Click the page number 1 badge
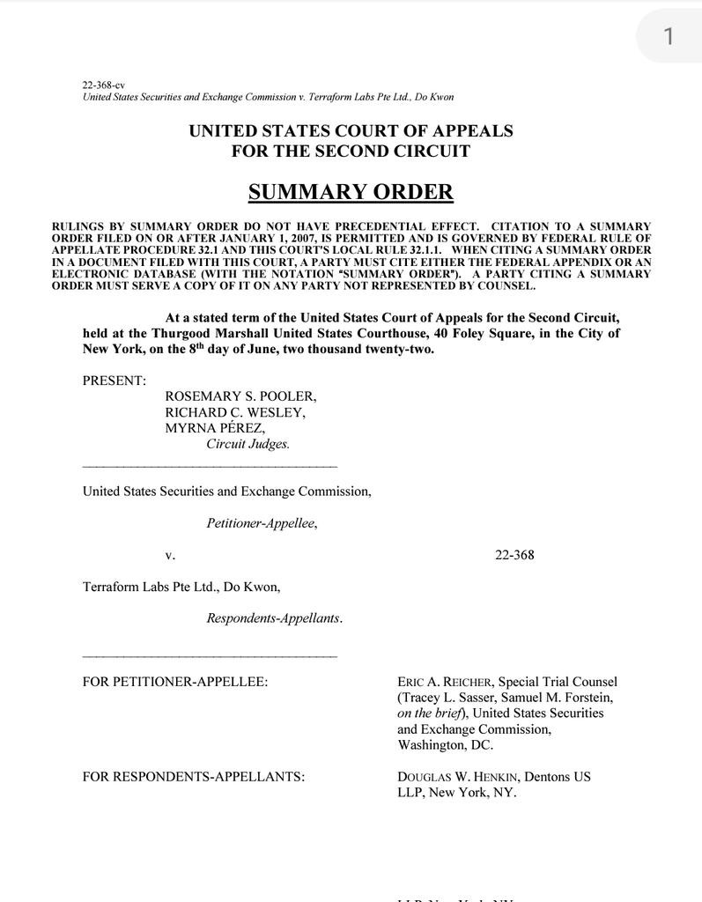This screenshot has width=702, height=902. [669, 36]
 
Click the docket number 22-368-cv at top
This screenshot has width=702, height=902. [103, 85]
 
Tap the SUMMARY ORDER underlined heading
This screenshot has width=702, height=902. [351, 192]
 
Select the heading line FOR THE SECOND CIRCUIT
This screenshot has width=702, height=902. [351, 152]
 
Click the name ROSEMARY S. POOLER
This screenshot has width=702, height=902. [240, 396]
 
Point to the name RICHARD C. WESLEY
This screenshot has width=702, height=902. [235, 412]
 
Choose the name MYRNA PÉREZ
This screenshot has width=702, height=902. [215, 428]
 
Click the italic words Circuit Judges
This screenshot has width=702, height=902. [248, 444]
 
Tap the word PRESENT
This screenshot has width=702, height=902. [115, 381]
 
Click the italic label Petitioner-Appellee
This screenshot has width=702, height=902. [262, 523]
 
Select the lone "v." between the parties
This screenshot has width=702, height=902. [170, 555]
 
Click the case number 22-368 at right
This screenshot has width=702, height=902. [514, 555]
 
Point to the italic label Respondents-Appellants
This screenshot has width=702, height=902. [274, 618]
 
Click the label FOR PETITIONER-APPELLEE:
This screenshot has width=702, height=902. [175, 682]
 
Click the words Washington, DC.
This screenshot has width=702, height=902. [445, 745]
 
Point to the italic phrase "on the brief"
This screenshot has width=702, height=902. [432, 713]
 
